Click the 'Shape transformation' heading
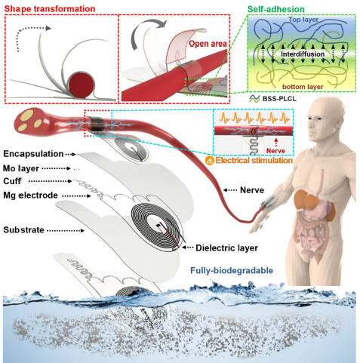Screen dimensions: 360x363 point(50,9)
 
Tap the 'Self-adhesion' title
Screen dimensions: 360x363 point(276,9)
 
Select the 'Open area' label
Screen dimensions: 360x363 point(208,44)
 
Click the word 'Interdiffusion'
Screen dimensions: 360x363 point(303,54)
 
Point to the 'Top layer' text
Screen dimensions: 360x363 point(303,20)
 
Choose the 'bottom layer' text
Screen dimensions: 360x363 point(303,87)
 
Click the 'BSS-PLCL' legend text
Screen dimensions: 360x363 point(279,99)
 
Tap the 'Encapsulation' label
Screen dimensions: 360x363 point(33,154)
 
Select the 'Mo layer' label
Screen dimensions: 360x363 point(21,168)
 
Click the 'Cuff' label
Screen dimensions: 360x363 point(12,181)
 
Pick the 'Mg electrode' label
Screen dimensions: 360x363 point(30,195)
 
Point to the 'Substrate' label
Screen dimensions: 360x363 point(23,230)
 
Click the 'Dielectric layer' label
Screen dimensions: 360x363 point(227,248)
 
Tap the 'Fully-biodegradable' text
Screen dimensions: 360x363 point(232,271)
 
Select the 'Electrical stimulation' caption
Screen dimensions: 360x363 point(254,161)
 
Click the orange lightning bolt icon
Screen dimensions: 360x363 point(209,161)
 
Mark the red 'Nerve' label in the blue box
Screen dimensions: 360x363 point(275,151)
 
